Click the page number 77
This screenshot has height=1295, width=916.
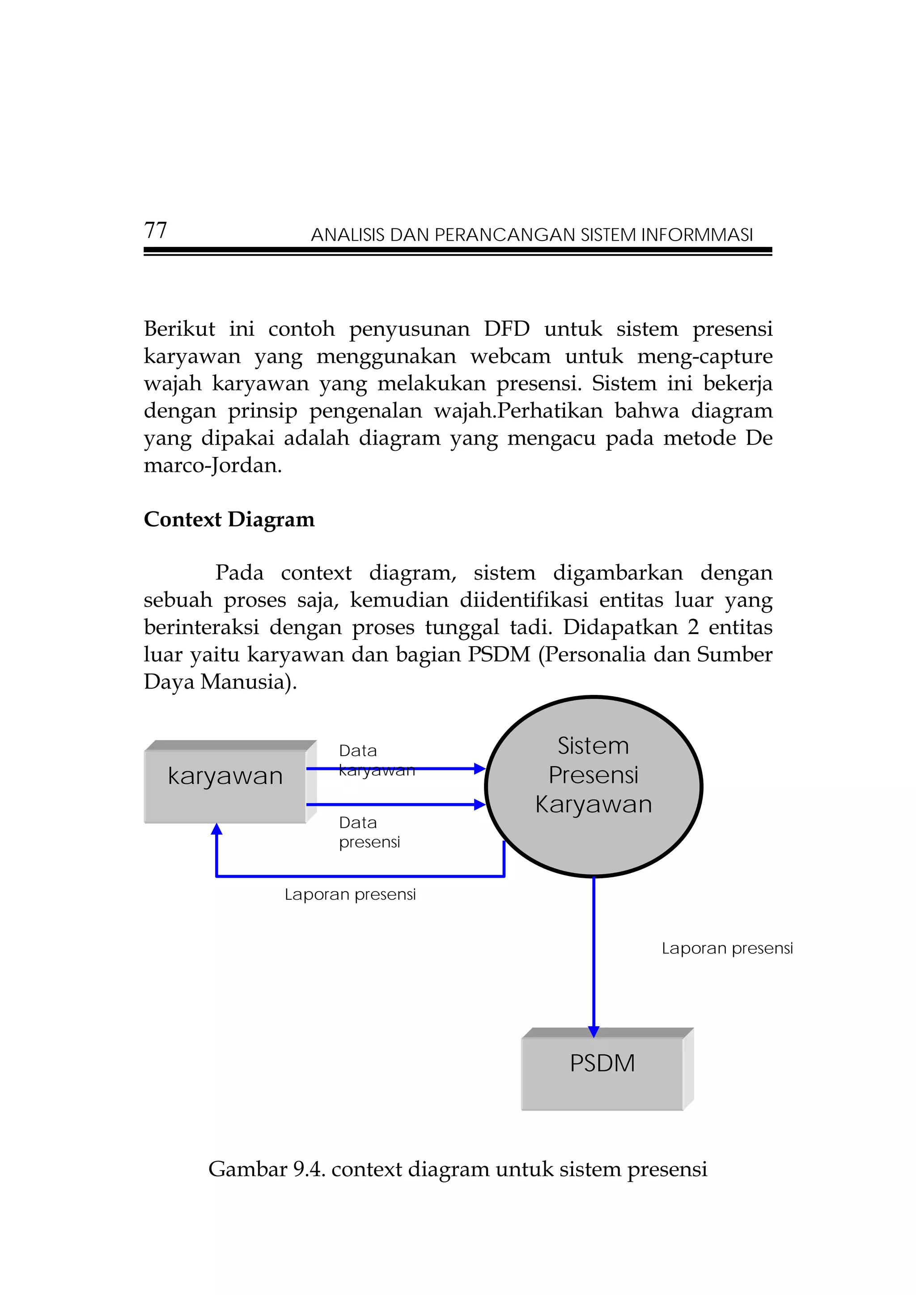point(155,230)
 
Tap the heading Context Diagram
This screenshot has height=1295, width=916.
point(229,519)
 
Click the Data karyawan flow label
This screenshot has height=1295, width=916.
point(376,760)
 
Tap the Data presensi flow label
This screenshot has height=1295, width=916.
point(369,832)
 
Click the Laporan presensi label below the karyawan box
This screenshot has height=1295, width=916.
point(350,894)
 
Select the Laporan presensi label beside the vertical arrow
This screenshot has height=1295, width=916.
point(727,948)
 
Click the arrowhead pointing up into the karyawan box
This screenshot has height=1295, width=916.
point(216,829)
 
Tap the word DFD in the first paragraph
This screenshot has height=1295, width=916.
point(506,328)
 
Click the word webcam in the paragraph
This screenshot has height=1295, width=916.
point(510,356)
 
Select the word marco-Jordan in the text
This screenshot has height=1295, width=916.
point(212,466)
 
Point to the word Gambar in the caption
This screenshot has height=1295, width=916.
point(248,1169)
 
